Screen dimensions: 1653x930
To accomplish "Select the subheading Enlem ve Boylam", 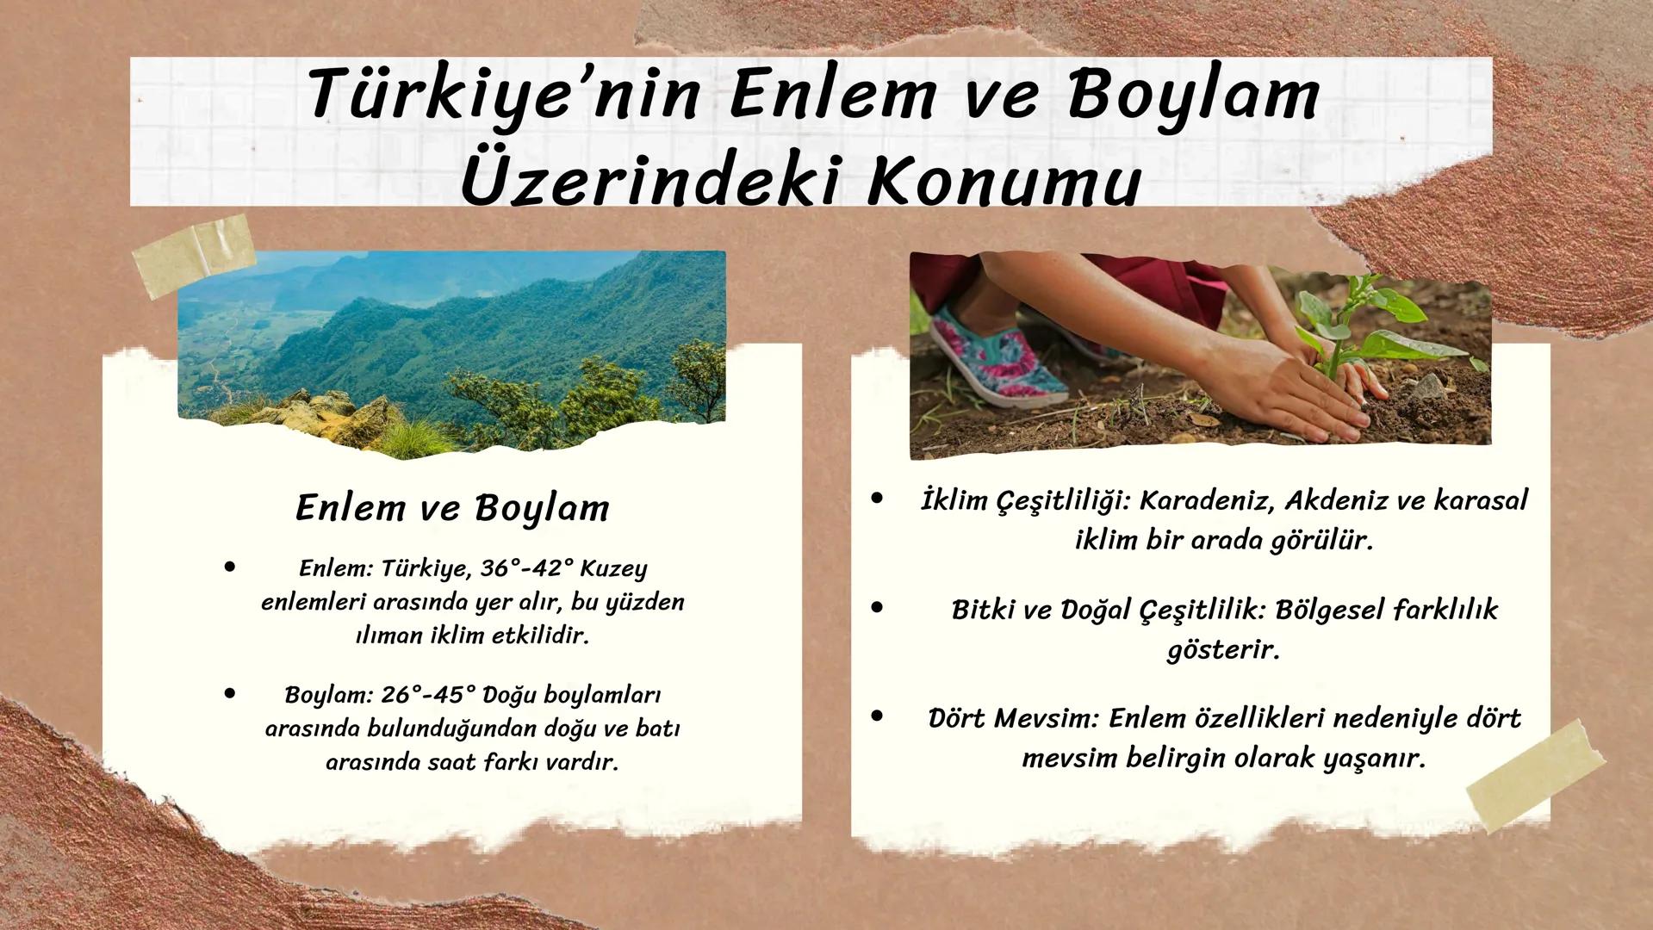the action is coord(452,507).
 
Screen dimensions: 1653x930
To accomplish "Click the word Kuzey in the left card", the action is coord(613,569).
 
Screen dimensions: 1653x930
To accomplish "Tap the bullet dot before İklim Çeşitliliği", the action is coord(877,499).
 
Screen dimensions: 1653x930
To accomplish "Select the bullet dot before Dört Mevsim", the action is coord(877,716).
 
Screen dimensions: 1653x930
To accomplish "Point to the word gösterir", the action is coord(1222,649).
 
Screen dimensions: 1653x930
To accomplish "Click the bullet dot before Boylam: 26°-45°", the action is coord(229,692).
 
